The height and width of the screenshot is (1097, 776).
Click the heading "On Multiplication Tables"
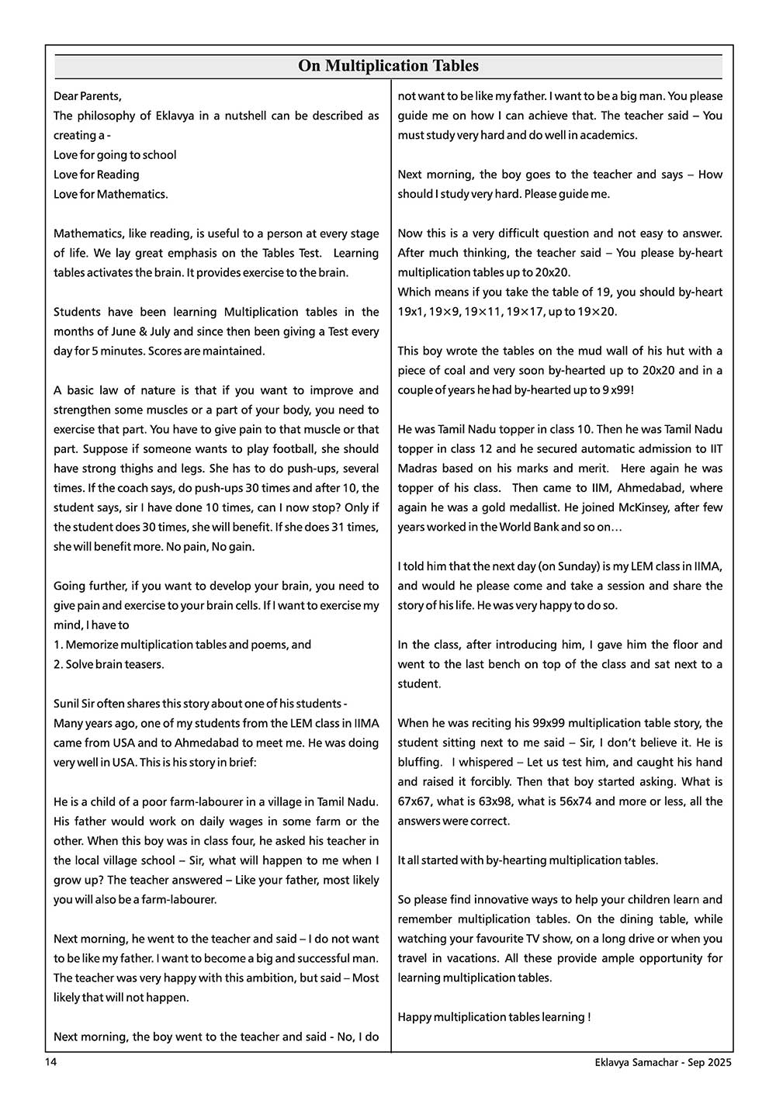pyautogui.click(x=388, y=66)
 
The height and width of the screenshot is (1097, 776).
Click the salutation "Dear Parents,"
pyautogui.click(x=88, y=96)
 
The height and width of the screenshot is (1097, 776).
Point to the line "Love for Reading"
pyautogui.click(x=96, y=175)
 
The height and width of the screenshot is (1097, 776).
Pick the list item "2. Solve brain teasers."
pyautogui.click(x=109, y=664)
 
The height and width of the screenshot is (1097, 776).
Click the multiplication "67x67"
pyautogui.click(x=414, y=801)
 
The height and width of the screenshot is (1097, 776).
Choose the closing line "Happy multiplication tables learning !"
pyautogui.click(x=494, y=1016)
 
